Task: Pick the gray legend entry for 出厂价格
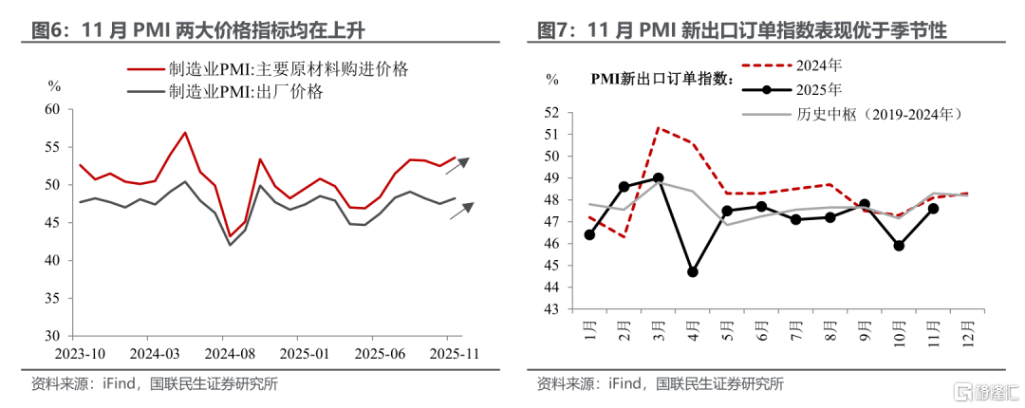pos(246,93)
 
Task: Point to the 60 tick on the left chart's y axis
pos(53,109)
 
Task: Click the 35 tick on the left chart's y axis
pos(53,298)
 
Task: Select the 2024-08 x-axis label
pos(222,354)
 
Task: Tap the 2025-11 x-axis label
pos(447,354)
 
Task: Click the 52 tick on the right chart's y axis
pos(552,112)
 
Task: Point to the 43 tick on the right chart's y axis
pos(552,309)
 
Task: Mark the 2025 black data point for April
pos(692,271)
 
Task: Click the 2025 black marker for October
pos(898,246)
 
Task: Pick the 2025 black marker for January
pos(589,234)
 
